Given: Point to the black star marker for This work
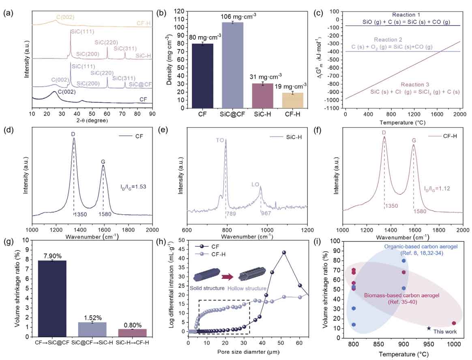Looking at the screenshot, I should (x=429, y=328).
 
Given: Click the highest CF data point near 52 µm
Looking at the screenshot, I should (x=284, y=252).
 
